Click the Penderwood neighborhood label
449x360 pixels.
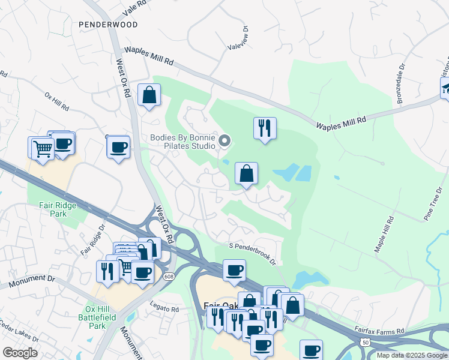coord(108,25)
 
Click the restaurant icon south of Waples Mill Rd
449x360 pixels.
coord(264,128)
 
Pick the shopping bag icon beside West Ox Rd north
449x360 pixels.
coord(149,95)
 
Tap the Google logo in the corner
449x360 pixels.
coord(20,353)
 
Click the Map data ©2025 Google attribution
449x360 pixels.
coord(412,355)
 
